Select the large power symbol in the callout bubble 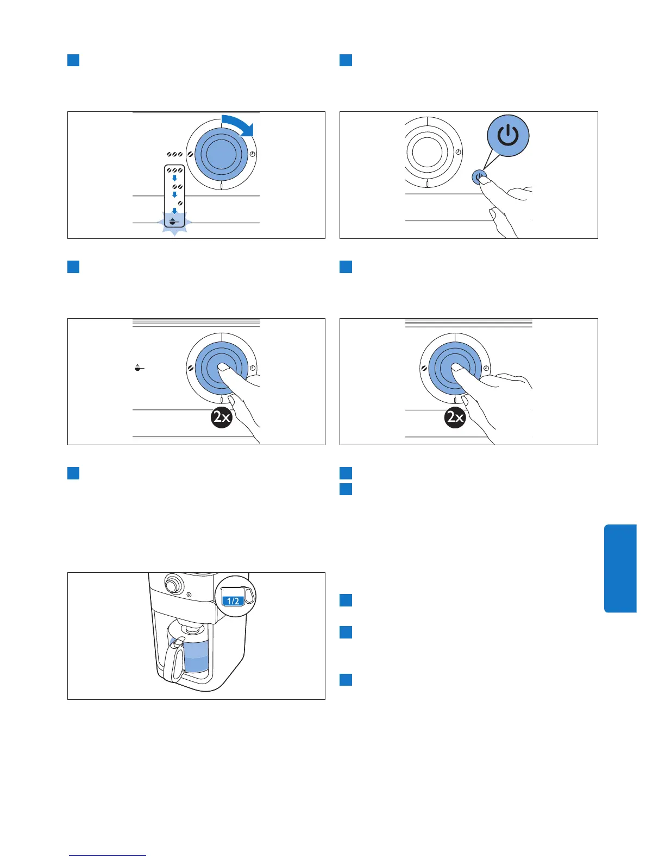tap(508, 135)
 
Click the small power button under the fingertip tap(479, 177)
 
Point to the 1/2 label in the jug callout tap(233, 601)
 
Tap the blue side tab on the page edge tap(620, 568)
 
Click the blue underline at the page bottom tap(108, 855)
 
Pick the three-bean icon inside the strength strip tap(174, 170)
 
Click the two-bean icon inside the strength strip tap(177, 187)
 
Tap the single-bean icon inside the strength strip tap(180, 204)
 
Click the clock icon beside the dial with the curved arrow tap(252, 155)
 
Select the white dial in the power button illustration tap(428, 152)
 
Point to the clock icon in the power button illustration tap(459, 152)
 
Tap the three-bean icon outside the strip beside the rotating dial tap(174, 155)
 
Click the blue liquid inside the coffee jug tap(197, 657)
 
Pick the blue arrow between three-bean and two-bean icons tap(174, 178)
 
